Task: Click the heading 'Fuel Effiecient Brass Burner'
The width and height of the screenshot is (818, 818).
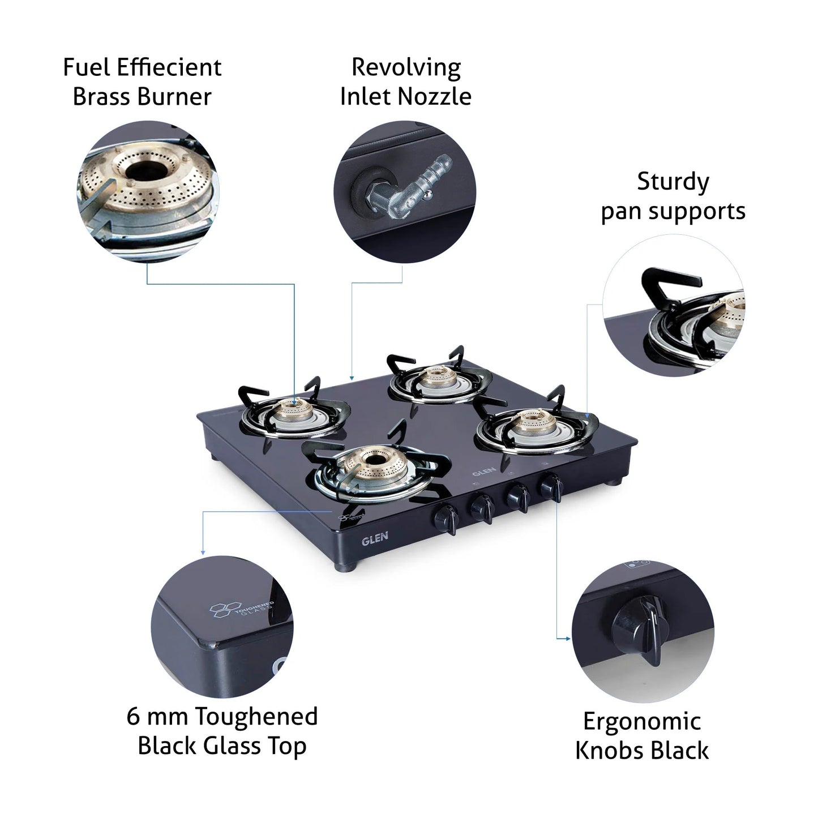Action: (x=142, y=82)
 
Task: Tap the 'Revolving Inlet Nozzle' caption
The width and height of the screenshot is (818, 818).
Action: (x=405, y=82)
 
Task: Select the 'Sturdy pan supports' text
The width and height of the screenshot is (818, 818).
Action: (x=673, y=196)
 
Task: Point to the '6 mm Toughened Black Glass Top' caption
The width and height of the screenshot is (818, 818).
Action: (x=222, y=731)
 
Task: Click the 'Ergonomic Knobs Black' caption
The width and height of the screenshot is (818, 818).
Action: (x=641, y=736)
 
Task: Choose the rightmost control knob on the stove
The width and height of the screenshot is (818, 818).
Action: (x=550, y=486)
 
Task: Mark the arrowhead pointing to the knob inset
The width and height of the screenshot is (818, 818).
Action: (x=567, y=639)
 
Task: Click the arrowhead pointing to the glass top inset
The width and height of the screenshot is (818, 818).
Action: (x=203, y=552)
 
